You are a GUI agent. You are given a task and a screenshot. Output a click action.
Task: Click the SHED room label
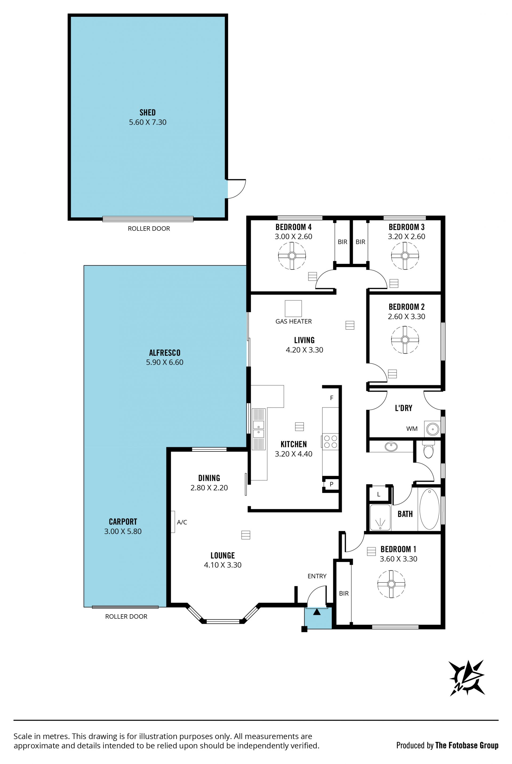(147, 112)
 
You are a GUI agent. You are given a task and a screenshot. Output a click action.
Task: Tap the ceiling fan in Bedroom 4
(292, 256)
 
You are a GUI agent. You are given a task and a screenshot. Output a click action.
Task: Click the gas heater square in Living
(293, 308)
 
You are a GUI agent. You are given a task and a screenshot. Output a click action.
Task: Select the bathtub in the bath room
(429, 509)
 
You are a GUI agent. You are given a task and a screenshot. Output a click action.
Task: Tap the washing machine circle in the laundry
(433, 429)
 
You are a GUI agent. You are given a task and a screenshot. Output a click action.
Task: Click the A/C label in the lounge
(182, 522)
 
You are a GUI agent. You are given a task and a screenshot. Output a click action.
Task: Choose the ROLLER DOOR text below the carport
(126, 617)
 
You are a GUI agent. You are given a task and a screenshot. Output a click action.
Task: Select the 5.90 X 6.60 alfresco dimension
(165, 362)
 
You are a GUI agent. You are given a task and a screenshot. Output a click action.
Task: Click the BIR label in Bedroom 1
(344, 593)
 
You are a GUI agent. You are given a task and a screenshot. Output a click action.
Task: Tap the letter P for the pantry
(331, 484)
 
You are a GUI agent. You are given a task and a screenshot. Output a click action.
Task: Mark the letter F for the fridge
(332, 398)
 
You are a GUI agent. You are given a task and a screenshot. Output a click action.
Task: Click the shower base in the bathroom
(380, 518)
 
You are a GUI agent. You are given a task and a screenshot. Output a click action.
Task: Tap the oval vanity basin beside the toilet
(391, 447)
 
